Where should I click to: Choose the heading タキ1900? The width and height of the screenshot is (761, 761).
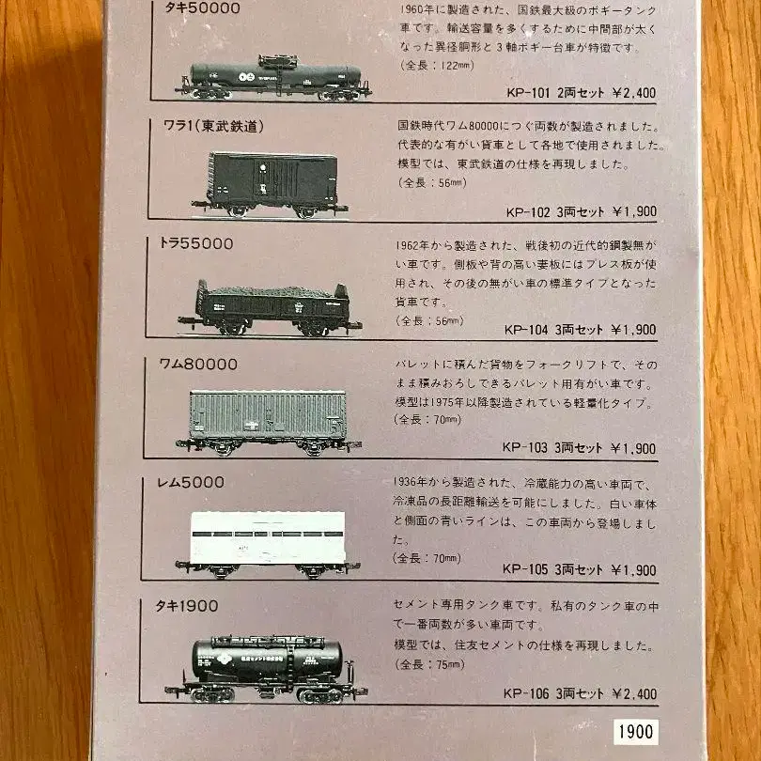[x=189, y=605]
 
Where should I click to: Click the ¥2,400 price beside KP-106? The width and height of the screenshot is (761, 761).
[x=633, y=695]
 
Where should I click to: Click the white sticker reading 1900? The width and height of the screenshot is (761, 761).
[x=636, y=732]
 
